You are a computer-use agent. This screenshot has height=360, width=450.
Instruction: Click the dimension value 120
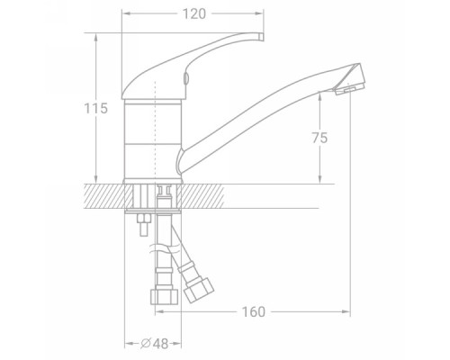(x=194, y=13)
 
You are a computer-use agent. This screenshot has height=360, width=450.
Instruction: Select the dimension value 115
(x=95, y=108)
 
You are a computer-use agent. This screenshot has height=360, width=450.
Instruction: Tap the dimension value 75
(x=319, y=138)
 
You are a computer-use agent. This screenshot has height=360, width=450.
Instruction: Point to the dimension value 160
(x=254, y=312)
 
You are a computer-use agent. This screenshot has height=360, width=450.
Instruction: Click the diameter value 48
(x=160, y=344)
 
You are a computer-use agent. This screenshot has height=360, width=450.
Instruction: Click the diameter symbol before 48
(x=146, y=343)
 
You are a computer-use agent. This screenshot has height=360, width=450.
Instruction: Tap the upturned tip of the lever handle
(x=260, y=36)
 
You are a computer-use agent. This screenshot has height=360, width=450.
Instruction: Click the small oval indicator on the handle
(x=186, y=78)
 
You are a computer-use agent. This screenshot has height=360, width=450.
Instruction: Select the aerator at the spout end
(x=349, y=88)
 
